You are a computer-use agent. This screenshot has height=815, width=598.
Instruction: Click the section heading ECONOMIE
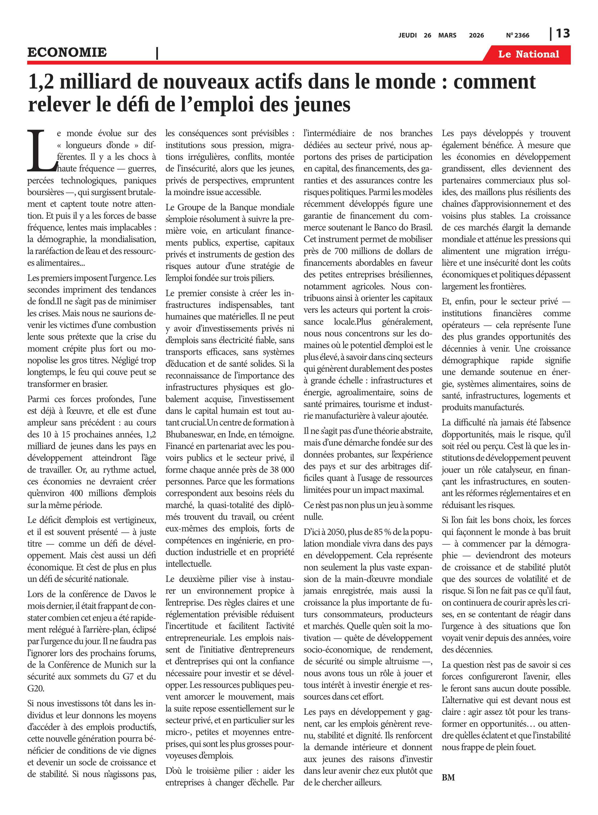[x=67, y=52]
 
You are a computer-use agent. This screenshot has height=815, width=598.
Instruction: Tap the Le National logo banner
[x=528, y=54]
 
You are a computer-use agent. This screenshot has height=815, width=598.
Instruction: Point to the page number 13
[x=562, y=34]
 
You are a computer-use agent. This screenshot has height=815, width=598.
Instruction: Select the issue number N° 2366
[x=517, y=35]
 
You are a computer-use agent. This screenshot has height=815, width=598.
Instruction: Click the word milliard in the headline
[x=95, y=82]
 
